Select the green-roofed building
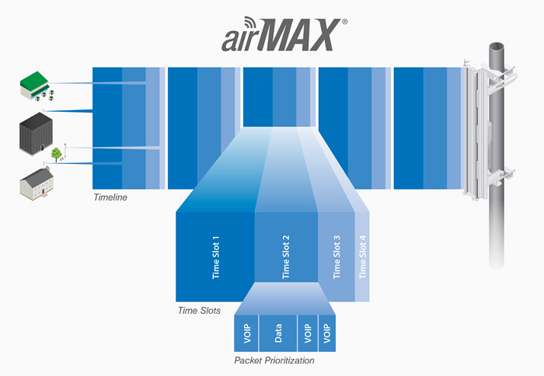point(36,85)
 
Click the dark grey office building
point(35,137)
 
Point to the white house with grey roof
point(35,183)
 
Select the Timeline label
point(110,197)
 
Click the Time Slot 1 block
point(215,256)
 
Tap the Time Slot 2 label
point(286,256)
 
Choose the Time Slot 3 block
point(337,256)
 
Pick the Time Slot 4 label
point(362,256)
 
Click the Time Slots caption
point(199,311)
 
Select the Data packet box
point(277,334)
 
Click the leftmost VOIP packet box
point(246,334)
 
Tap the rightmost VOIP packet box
point(327,334)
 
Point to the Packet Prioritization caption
point(274,360)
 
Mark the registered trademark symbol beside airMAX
point(344,23)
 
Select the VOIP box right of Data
point(308,334)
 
